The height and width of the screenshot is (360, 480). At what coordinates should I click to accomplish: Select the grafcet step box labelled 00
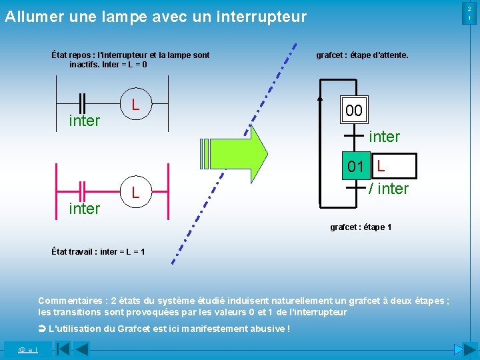(354, 111)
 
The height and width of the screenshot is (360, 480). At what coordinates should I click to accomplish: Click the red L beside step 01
(381, 165)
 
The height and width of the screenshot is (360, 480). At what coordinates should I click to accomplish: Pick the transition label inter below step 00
(385, 137)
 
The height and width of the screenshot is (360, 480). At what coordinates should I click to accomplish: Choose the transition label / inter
(389, 189)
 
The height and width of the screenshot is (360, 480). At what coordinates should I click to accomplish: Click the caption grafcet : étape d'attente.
(362, 55)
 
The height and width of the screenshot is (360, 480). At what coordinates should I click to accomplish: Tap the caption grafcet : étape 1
(361, 227)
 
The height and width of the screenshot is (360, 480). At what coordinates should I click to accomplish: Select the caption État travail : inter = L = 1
(98, 251)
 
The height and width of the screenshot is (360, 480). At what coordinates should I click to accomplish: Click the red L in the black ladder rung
(135, 105)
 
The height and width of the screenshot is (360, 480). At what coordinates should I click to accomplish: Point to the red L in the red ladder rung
(135, 193)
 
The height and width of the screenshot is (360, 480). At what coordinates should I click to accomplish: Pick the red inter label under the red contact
(85, 209)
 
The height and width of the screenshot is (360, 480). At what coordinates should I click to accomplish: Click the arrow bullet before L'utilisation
(42, 329)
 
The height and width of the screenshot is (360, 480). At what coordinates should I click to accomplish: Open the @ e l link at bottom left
(27, 349)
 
